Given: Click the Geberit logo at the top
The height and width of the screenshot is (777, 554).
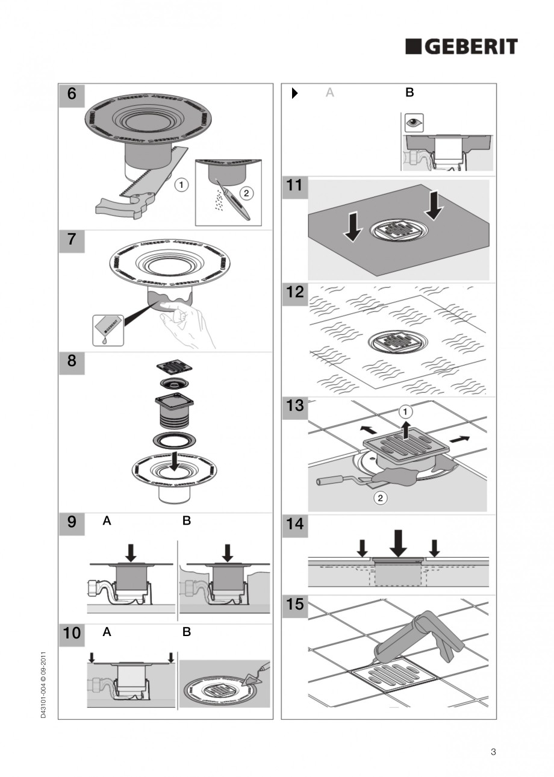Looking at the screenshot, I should point(461,46).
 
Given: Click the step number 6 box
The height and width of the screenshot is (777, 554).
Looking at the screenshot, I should point(72,95).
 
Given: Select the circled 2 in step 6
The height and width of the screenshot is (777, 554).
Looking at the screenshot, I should point(246,193).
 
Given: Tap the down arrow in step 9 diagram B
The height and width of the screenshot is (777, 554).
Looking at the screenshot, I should point(228,552).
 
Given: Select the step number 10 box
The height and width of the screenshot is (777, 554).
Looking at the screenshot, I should point(72,633).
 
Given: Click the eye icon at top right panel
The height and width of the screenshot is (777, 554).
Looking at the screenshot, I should point(414,122).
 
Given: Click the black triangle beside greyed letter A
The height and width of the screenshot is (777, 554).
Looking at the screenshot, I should point(295,93).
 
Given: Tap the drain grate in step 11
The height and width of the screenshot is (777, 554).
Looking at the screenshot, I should point(398,231).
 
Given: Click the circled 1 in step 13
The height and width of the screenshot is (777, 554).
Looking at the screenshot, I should point(406,412).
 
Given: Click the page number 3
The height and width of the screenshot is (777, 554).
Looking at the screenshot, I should point(493,751).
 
